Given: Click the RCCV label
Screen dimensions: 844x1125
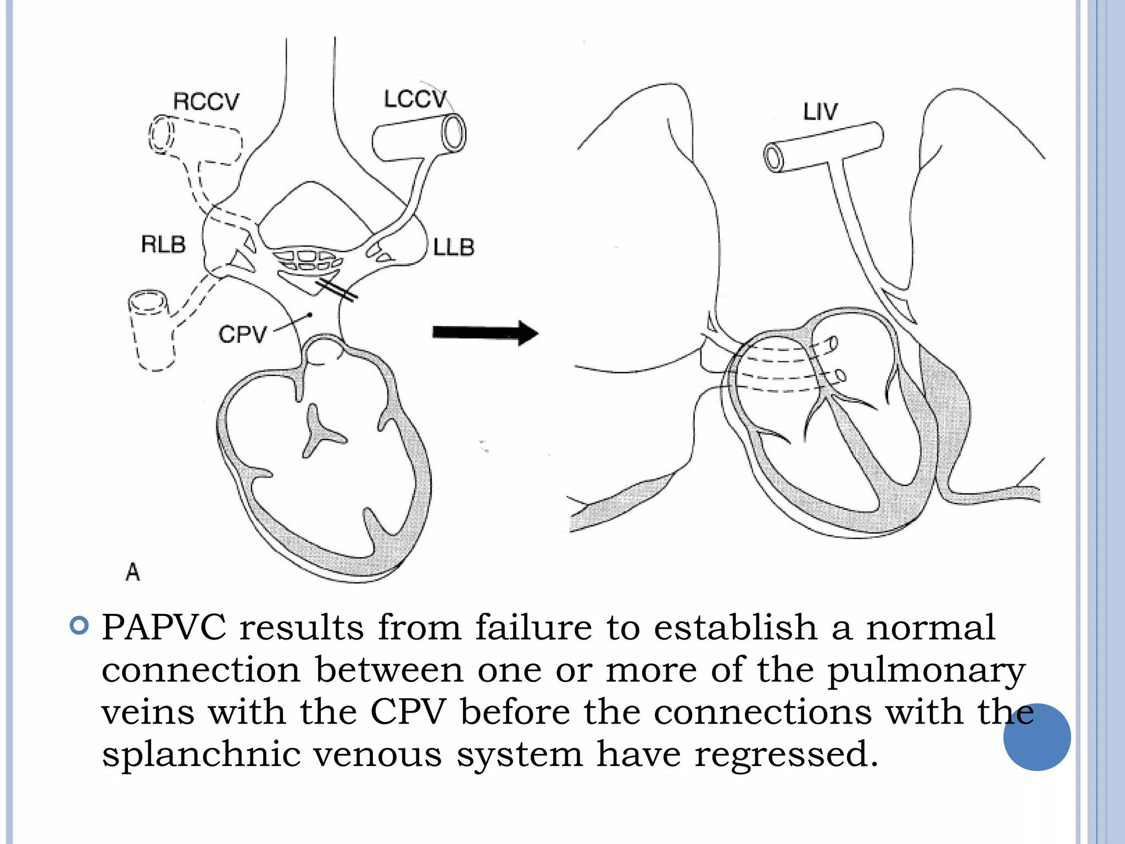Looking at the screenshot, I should [x=206, y=102].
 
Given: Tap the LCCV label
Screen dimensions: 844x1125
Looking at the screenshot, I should [x=415, y=99].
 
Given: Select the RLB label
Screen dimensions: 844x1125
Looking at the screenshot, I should [x=163, y=245].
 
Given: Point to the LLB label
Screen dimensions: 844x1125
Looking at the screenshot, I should [x=453, y=248].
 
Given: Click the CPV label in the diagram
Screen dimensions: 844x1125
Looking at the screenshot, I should [x=242, y=334].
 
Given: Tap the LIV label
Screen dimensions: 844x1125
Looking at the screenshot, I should [x=820, y=112].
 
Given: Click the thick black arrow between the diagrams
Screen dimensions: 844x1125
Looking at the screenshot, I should [x=484, y=332].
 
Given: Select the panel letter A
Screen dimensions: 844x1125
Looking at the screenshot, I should [x=133, y=572].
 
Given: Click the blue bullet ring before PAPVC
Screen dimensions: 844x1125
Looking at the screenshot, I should [x=80, y=626].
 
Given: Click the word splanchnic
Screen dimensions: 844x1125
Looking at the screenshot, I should [x=201, y=754].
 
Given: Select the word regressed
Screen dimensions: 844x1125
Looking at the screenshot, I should [x=786, y=754].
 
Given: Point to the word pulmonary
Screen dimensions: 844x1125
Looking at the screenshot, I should [x=926, y=670].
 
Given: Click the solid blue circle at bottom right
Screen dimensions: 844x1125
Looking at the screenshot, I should [x=1037, y=737].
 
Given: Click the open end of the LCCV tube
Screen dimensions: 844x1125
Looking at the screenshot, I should [x=454, y=133].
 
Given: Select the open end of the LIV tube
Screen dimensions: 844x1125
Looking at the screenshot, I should [x=774, y=158].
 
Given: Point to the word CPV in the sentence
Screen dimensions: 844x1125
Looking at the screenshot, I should [x=408, y=712].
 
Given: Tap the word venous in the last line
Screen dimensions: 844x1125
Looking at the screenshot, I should [x=377, y=754].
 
